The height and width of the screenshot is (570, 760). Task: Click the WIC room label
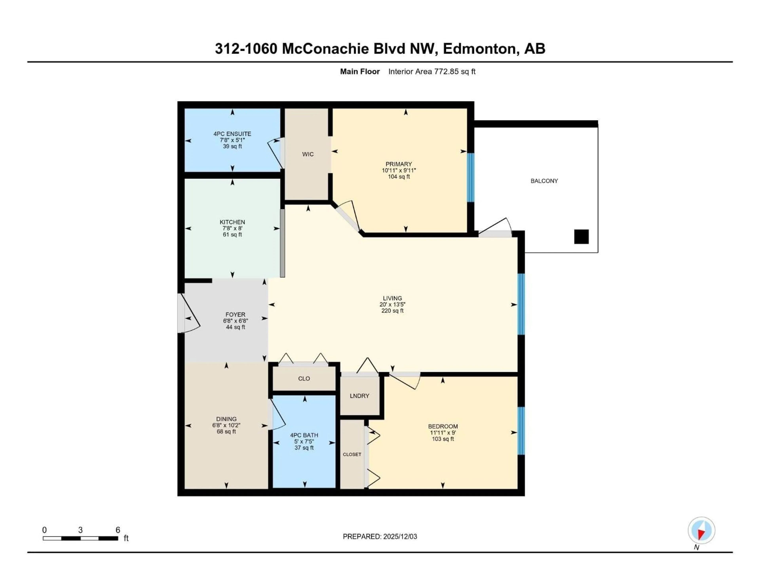pyautogui.click(x=308, y=154)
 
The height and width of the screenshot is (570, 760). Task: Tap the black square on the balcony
pyautogui.click(x=581, y=237)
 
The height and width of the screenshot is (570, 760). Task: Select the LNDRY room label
pyautogui.click(x=359, y=396)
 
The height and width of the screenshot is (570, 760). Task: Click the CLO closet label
pyautogui.click(x=304, y=379)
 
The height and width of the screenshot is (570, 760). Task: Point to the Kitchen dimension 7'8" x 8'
pyautogui.click(x=232, y=228)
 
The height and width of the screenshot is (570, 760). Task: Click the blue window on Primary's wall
pyautogui.click(x=470, y=177)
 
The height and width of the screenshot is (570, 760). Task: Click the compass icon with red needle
pyautogui.click(x=701, y=530)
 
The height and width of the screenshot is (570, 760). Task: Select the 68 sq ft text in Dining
pyautogui.click(x=226, y=431)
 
